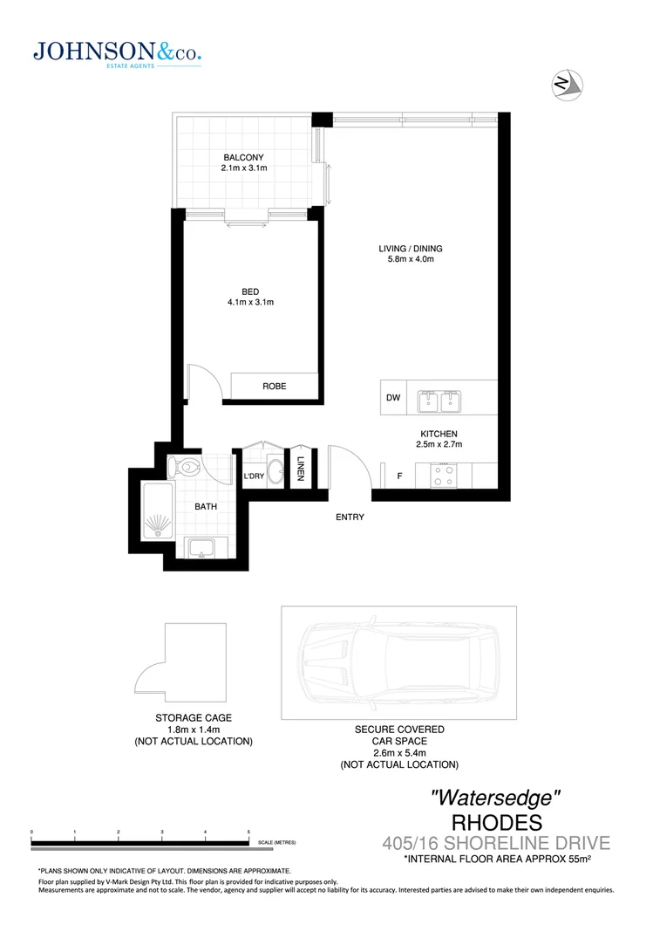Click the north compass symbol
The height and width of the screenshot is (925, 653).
click(568, 84)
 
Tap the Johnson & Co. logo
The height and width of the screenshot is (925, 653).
click(117, 53)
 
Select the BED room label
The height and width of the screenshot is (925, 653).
click(251, 291)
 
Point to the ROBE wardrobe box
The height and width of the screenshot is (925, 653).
click(275, 386)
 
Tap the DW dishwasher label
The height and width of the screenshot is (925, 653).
click(393, 398)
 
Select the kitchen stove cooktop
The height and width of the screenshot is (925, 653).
click(444, 476)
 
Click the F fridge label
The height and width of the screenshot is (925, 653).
click(399, 476)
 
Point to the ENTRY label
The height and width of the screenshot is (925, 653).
click(350, 517)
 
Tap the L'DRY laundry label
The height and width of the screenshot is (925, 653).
click(254, 476)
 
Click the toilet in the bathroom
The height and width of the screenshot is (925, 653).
click(186, 464)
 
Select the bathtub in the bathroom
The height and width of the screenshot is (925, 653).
click(160, 515)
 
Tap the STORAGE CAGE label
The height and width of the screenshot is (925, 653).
click(193, 718)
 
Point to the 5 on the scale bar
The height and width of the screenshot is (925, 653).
click(249, 832)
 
